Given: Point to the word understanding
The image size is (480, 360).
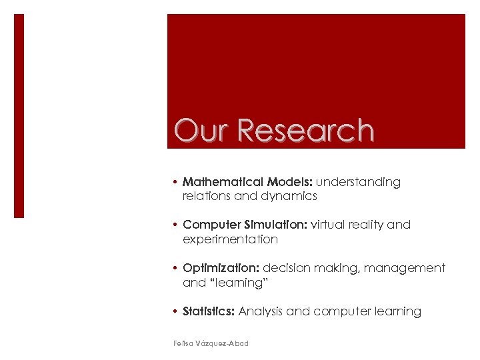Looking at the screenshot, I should click(359, 182).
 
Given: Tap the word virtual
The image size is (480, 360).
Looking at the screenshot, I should click(333, 225).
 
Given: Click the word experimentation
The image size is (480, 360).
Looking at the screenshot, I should click(230, 239).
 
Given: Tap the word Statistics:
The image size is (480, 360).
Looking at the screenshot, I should click(209, 311).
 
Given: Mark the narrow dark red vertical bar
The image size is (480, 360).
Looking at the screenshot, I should click(19, 116).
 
